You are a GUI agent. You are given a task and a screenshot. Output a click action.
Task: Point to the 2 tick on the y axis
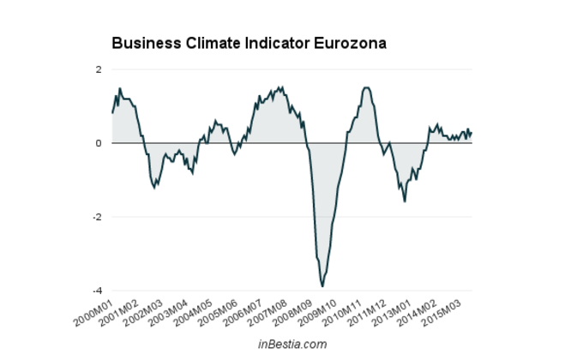click(x=99, y=69)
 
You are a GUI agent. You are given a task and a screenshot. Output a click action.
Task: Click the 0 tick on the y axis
click(x=99, y=143)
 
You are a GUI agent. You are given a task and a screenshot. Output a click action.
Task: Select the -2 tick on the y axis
click(x=97, y=217)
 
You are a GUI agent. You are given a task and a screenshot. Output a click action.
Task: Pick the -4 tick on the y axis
click(x=97, y=291)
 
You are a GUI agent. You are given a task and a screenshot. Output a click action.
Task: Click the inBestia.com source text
click(x=292, y=344)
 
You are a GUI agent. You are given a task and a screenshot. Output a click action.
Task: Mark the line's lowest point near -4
click(x=322, y=285)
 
